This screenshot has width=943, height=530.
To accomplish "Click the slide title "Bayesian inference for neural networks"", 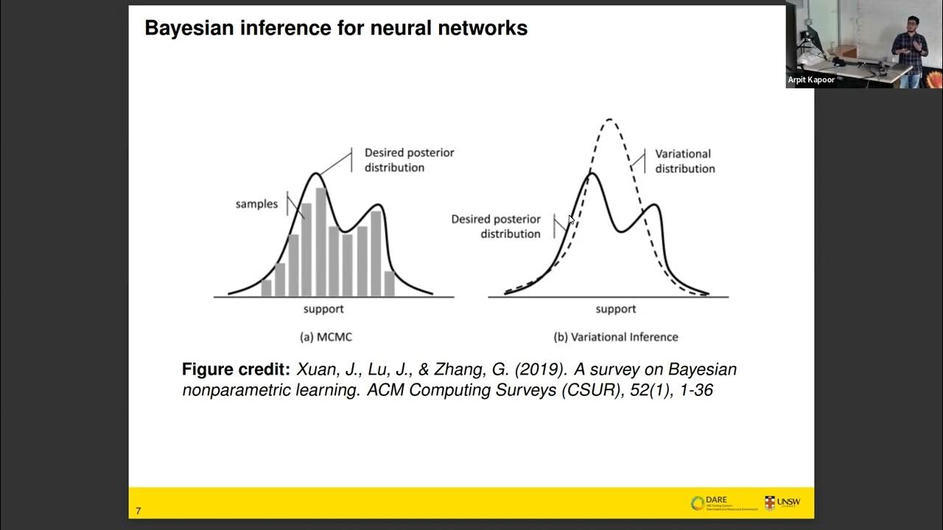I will (x=336, y=29).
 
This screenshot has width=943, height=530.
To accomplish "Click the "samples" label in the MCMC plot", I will (x=256, y=204).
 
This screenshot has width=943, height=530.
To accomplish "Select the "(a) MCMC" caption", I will (x=326, y=337).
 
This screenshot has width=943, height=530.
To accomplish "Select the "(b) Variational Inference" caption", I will (x=616, y=337).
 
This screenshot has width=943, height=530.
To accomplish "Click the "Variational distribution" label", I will (x=684, y=161).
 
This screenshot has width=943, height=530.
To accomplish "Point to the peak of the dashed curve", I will (x=609, y=119).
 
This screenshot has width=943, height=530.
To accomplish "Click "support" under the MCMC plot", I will (x=323, y=309).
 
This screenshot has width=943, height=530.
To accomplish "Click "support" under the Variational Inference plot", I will (x=616, y=309).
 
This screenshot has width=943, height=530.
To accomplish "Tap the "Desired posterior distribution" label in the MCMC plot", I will (x=409, y=160).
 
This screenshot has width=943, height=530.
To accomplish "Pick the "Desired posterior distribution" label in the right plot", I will (x=496, y=226).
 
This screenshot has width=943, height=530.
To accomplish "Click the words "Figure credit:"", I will (x=236, y=370).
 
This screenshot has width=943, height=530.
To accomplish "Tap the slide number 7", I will (x=138, y=511).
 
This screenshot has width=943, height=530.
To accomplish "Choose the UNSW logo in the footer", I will (x=782, y=503).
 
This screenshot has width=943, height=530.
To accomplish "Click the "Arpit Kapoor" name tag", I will (x=811, y=79).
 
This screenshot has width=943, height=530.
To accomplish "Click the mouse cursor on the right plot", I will (x=571, y=219).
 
